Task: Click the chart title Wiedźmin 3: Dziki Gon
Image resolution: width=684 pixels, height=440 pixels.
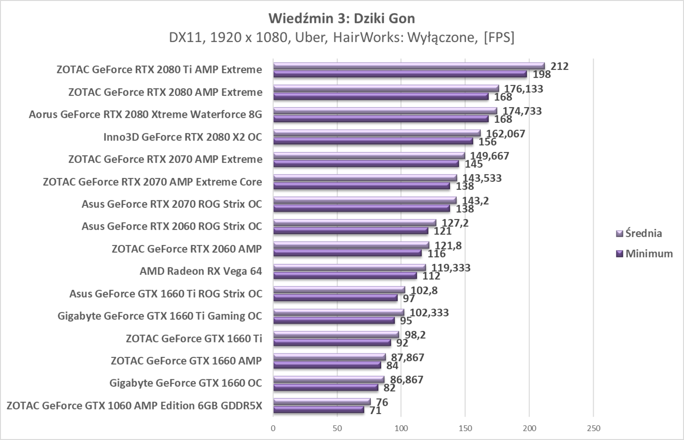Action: [342, 19]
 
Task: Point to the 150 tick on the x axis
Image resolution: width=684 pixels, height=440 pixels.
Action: [465, 429]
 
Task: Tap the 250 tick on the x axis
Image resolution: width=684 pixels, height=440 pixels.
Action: [593, 429]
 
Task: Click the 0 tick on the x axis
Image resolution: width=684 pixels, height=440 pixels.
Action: [273, 429]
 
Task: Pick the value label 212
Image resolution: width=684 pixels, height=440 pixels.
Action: [559, 66]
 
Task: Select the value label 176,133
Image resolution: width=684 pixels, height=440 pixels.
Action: [523, 88]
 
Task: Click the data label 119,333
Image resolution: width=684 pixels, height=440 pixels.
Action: [450, 268]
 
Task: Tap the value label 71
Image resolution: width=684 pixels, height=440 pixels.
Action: [375, 410]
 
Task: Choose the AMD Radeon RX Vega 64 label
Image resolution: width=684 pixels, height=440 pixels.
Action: [201, 271]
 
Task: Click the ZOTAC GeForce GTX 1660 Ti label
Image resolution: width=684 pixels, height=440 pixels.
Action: [193, 338]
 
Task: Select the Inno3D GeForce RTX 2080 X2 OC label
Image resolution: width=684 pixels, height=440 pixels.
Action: [182, 137]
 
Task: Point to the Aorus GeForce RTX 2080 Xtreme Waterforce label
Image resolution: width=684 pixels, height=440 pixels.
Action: [145, 114]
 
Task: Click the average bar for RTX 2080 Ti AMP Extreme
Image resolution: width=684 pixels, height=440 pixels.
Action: [408, 66]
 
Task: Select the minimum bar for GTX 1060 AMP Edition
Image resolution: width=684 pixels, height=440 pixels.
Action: [319, 410]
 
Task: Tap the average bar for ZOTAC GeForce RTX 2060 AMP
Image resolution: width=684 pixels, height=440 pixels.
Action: [351, 245]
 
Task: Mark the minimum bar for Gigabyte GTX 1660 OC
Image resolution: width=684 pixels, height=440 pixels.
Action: [325, 388]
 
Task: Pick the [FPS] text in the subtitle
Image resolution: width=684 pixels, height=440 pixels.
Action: [498, 38]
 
